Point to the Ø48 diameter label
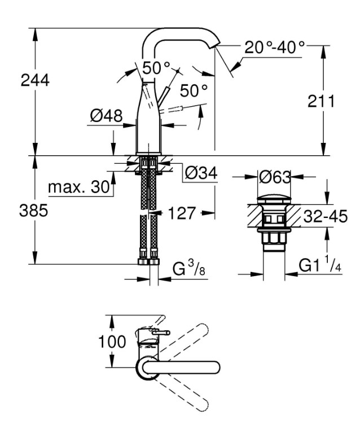(x=106, y=116)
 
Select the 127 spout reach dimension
(x=182, y=213)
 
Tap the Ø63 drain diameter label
(x=274, y=177)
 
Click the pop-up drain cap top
(x=274, y=199)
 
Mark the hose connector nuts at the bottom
(x=149, y=261)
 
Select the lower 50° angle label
(x=194, y=90)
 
